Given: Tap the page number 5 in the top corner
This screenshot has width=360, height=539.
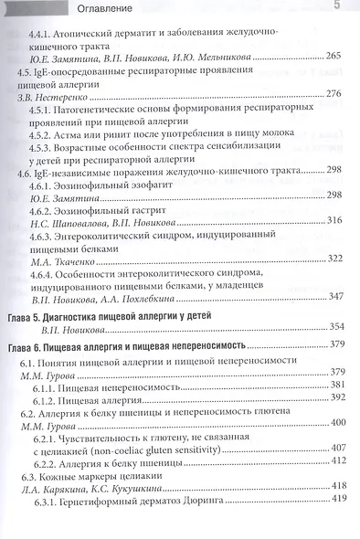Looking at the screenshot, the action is (336, 8).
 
